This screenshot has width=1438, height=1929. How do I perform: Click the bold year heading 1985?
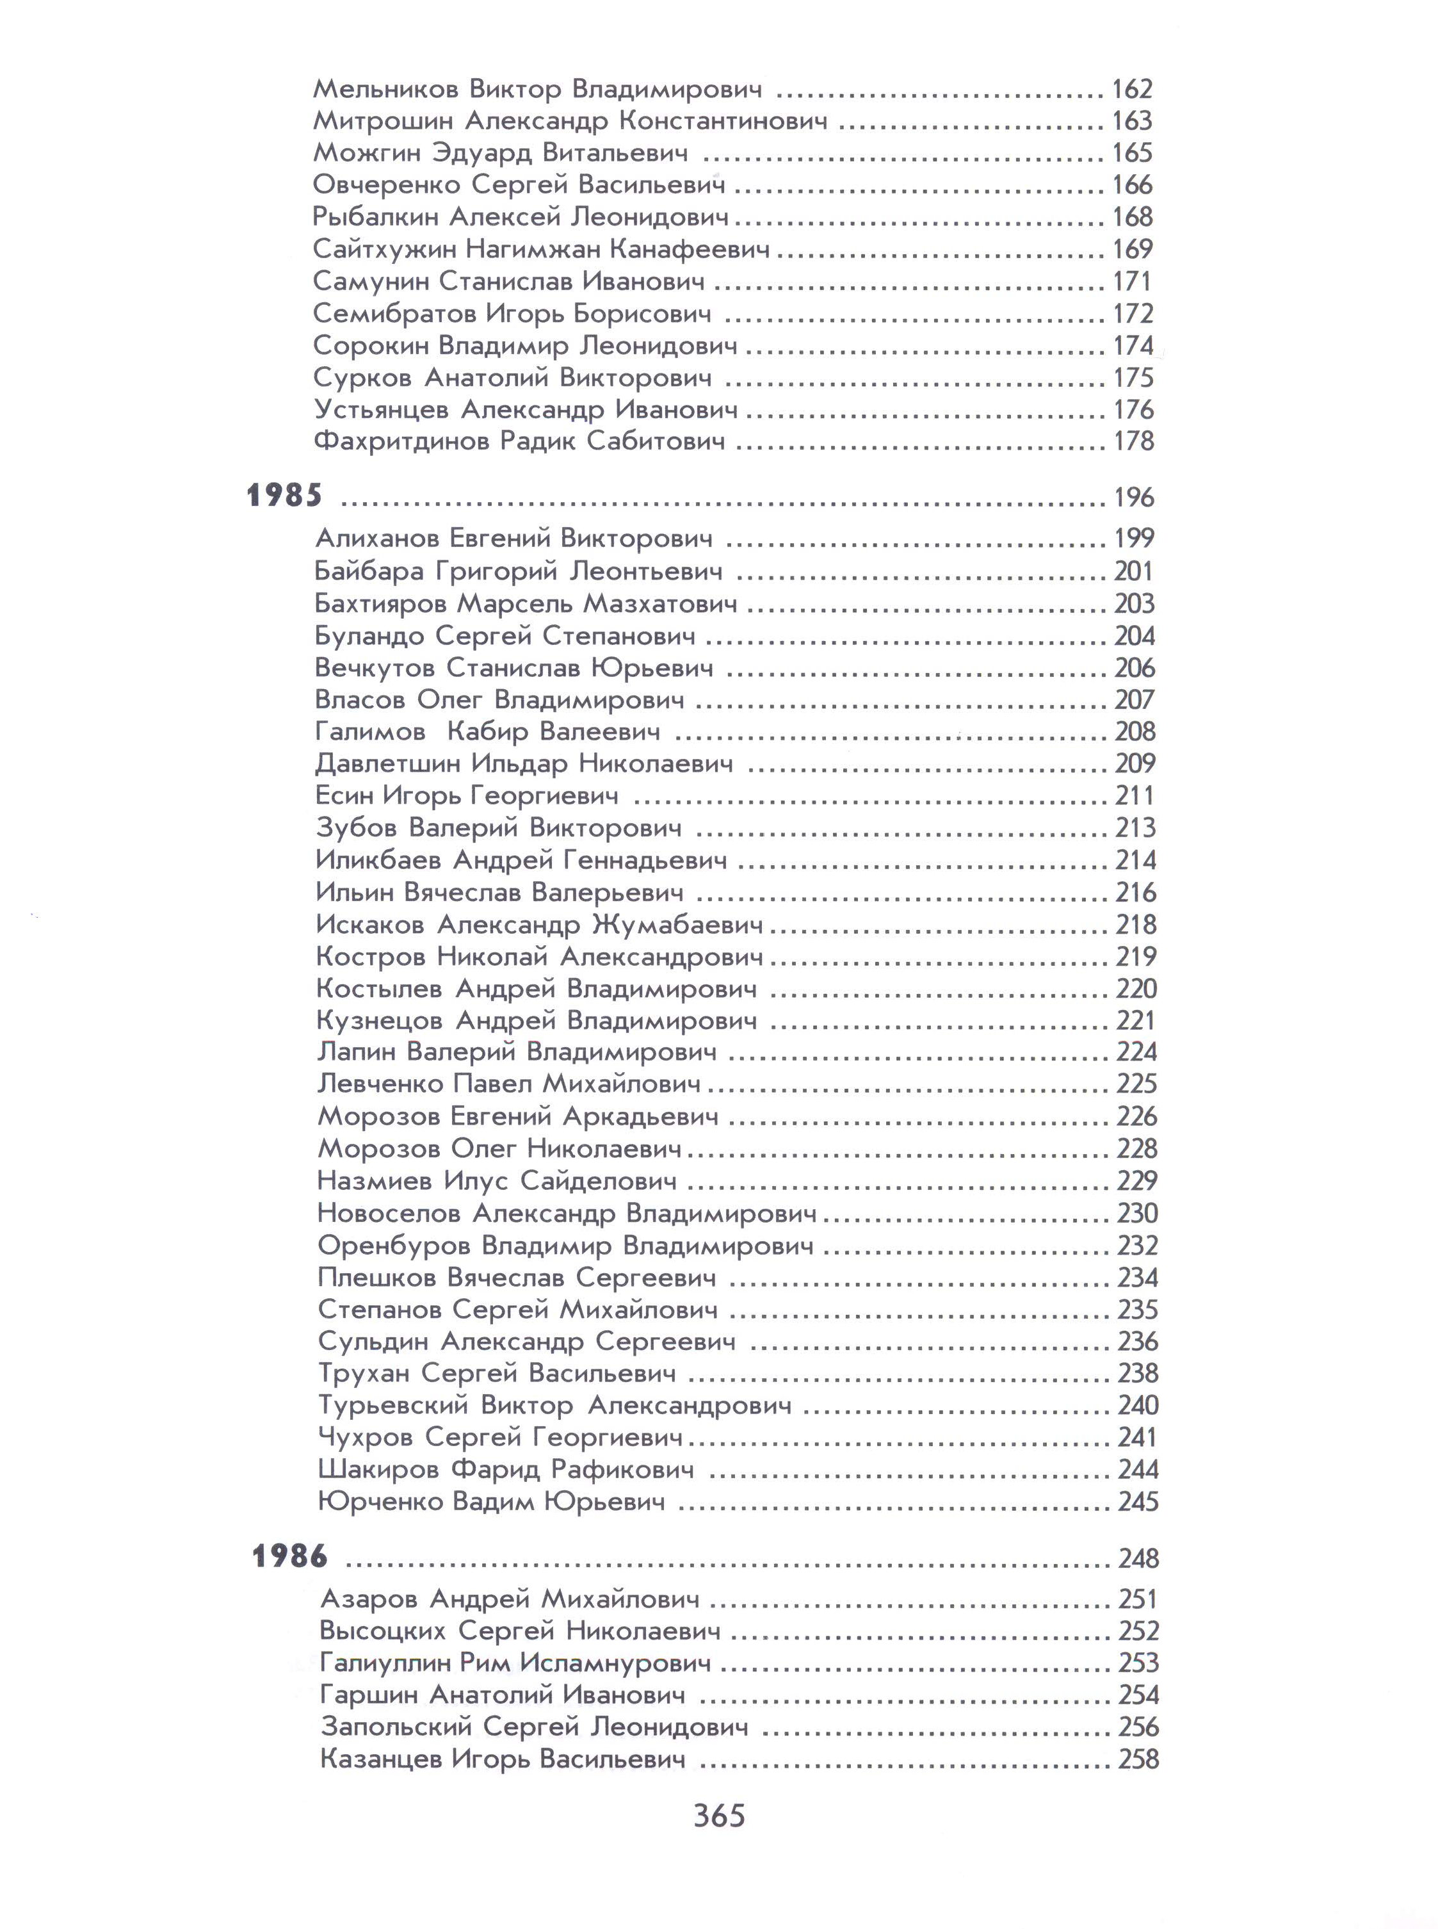coord(285,496)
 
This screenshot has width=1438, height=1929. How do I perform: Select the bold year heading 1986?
coord(290,1556)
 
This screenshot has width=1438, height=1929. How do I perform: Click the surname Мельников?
coord(385,89)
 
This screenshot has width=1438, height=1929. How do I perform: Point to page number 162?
coord(1133,89)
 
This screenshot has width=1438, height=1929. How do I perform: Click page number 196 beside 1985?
coord(1135,498)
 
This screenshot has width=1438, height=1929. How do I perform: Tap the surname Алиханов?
coord(377,539)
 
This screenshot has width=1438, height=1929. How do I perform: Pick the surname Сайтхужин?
coord(384,250)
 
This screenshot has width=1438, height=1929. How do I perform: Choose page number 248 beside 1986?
coord(1138,1558)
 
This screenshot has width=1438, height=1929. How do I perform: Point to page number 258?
coord(1138,1759)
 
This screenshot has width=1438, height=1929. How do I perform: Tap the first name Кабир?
coord(487,732)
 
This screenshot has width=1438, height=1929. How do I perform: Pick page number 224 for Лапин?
coord(1137,1052)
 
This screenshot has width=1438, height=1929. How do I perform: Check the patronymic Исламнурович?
coord(615,1663)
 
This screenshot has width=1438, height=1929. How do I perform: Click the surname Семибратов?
coord(394,313)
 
